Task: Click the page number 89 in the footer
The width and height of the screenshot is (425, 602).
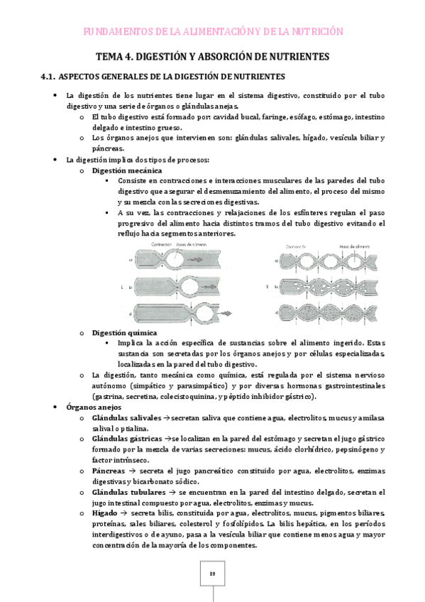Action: [212, 574]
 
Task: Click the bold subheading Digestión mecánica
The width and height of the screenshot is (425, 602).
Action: [127, 171]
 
